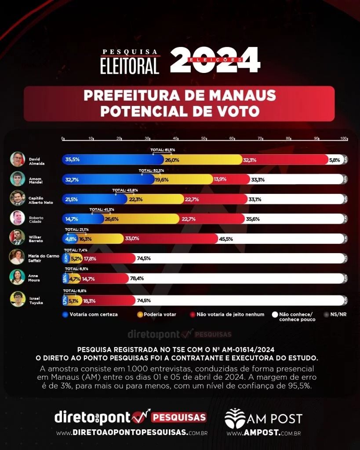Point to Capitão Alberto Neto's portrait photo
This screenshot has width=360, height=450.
click(x=18, y=199)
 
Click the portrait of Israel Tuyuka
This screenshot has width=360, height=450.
click(x=18, y=299)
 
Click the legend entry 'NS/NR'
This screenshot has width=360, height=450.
click(x=337, y=315)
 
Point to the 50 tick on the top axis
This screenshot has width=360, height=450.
click(x=204, y=138)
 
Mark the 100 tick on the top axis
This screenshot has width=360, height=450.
click(x=344, y=138)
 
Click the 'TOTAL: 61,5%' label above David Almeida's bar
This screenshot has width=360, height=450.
click(x=163, y=150)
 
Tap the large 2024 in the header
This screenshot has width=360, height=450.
click(x=215, y=60)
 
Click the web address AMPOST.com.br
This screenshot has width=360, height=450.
click(x=263, y=433)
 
